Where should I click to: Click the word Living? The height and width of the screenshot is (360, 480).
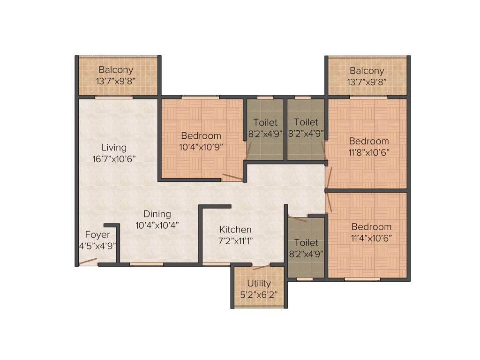point(114,148)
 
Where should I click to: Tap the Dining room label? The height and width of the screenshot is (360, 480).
point(157,214)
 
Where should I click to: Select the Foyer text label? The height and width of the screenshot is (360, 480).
point(97,234)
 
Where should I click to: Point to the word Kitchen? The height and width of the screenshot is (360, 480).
point(235,230)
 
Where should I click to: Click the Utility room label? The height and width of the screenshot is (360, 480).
point(259,284)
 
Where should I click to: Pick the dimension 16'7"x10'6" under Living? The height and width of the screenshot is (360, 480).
point(114,158)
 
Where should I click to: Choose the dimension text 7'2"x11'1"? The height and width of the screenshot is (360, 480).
point(235,241)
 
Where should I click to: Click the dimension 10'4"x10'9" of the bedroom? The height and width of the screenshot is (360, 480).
point(201,146)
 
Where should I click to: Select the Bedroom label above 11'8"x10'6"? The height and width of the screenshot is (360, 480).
point(369,141)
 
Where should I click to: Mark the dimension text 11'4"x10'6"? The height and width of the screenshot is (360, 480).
point(371,238)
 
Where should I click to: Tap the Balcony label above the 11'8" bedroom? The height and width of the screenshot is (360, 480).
point(367,71)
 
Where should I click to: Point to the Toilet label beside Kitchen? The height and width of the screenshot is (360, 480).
point(306,243)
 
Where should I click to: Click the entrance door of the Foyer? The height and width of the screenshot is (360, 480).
point(88,262)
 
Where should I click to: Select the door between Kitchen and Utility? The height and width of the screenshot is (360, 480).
point(261,267)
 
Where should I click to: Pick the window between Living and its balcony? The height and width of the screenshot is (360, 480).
point(114,97)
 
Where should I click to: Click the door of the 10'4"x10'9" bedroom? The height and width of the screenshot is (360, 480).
point(232,177)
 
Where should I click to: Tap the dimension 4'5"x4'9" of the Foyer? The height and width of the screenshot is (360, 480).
point(97,245)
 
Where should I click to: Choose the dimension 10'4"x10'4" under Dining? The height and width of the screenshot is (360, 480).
point(157,225)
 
